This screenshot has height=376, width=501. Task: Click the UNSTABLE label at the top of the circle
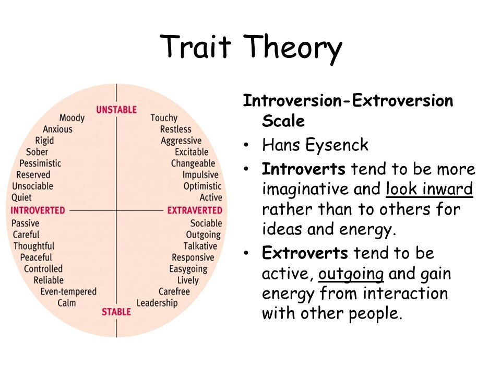tap(116, 110)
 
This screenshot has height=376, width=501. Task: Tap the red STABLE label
tap(116, 312)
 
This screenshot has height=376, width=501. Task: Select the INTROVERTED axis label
tap(38, 210)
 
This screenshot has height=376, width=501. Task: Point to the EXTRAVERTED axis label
tap(195, 210)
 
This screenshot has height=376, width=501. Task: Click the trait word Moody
tap(72, 119)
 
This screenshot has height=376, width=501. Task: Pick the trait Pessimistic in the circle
tap(40, 163)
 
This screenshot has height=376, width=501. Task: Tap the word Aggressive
tap(181, 141)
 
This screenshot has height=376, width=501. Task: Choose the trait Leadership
tap(157, 303)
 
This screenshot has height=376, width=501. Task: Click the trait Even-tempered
tap(68, 292)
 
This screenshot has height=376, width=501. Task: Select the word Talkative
tap(200, 246)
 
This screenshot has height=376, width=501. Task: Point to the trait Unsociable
tap(32, 186)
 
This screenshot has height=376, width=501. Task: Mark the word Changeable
tap(193, 163)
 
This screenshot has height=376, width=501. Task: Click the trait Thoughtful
tap(34, 246)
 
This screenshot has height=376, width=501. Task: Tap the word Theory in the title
tap(293, 48)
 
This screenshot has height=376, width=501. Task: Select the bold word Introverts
tap(303, 169)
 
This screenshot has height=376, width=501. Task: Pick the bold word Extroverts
tap(305, 253)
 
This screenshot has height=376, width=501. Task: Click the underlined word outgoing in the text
tap(351, 274)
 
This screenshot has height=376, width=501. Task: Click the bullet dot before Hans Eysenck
tap(246, 145)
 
